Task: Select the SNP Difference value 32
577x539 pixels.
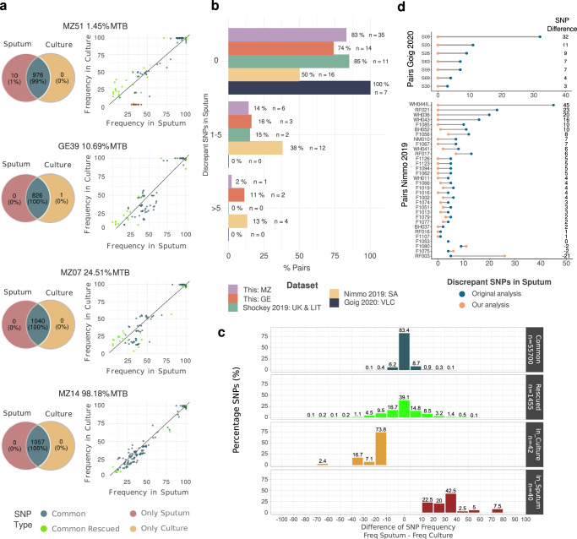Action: click(558, 36)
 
